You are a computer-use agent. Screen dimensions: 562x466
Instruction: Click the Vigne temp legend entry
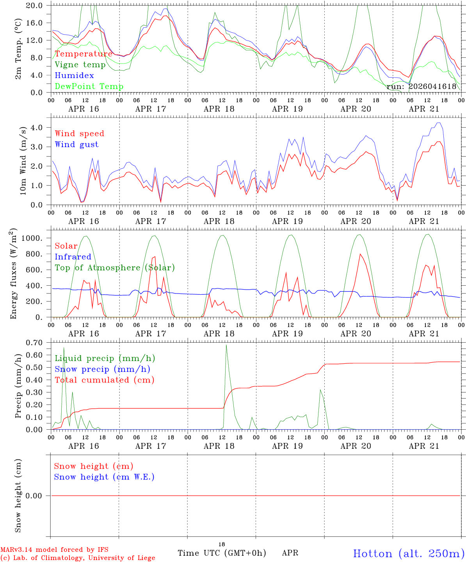(x=80, y=65)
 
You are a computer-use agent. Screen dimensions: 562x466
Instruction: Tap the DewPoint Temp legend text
(x=89, y=86)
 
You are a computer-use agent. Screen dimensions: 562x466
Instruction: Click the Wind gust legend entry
(x=76, y=144)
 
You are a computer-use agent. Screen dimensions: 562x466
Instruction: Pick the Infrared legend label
(x=73, y=257)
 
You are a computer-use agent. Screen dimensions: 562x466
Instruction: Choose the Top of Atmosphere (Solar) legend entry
(x=115, y=268)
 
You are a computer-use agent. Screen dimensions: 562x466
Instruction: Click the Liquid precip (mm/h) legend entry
(x=105, y=358)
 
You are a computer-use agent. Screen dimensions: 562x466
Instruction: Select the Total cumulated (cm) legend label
(x=104, y=380)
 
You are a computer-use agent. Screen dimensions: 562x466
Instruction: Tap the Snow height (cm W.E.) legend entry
(x=104, y=477)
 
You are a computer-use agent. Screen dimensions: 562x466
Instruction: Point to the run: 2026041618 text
(x=421, y=86)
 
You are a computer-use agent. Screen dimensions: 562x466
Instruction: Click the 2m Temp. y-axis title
(x=18, y=49)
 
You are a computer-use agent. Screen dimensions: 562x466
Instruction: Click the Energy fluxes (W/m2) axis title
(x=14, y=273)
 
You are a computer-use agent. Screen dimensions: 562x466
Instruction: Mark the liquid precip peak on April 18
(x=226, y=345)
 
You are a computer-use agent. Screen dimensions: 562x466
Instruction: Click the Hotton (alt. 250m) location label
(x=409, y=553)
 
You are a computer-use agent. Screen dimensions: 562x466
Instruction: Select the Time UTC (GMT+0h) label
(x=222, y=553)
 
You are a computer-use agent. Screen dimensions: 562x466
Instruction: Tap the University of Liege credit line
(x=78, y=558)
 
